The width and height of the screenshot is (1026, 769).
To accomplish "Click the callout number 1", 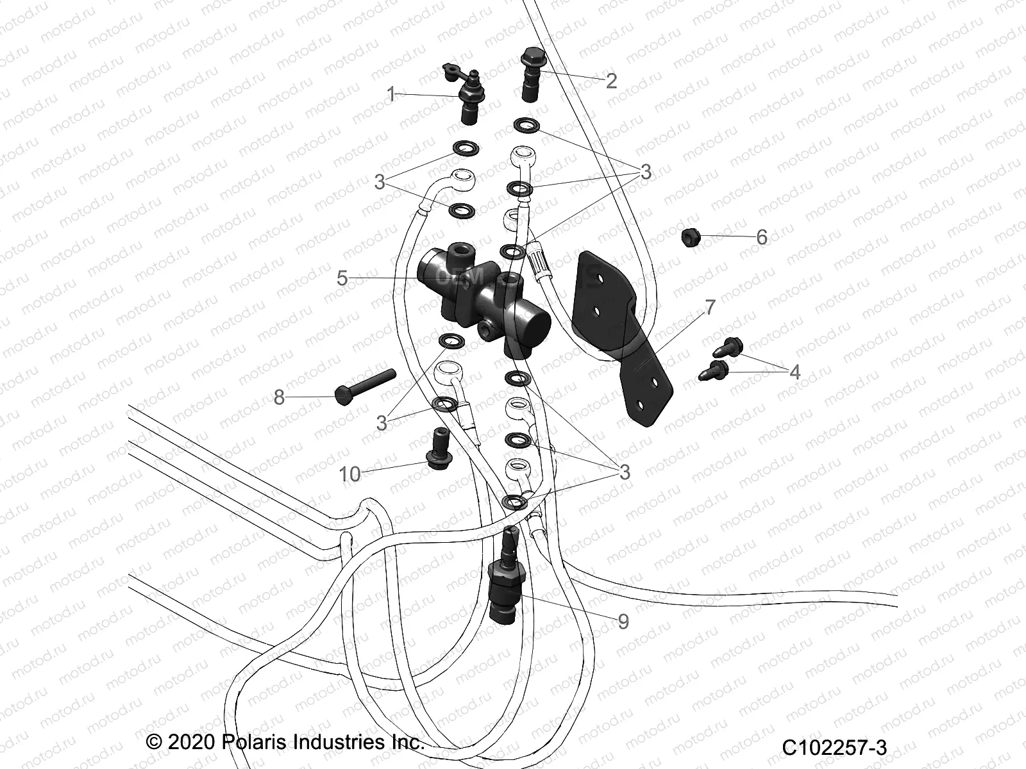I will pos(391,95).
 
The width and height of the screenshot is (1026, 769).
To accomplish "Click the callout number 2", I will pos(610,81).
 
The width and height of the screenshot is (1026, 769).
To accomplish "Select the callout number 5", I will pos(342,278).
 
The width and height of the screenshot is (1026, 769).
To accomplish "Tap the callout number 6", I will pos(761,238).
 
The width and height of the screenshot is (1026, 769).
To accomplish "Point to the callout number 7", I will pos(709,307).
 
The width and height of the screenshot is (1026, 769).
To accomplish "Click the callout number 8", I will pos(278,398).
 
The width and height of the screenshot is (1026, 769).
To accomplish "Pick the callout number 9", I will pos(623,621).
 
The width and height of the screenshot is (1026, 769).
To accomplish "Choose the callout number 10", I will pos(350,474).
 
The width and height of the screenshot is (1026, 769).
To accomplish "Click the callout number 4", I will pos(795,372).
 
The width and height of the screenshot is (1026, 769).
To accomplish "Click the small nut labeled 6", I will pos(690,236).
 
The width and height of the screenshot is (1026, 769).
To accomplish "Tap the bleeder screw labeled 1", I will pos(472,96).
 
